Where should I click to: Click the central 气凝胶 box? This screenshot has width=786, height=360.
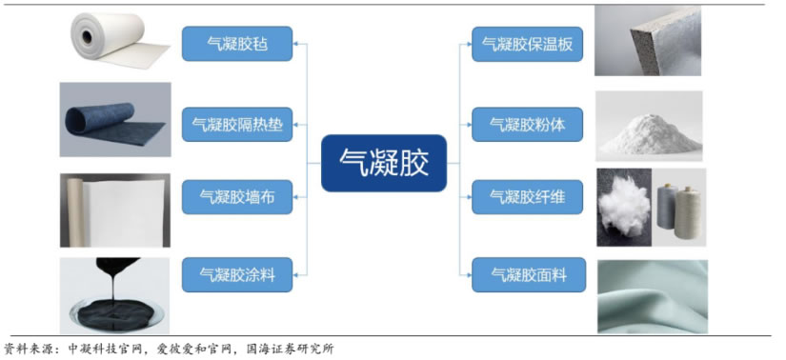click(384, 163)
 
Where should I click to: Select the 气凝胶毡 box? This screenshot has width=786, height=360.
click(237, 44)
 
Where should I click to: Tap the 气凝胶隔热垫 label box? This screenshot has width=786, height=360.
click(237, 124)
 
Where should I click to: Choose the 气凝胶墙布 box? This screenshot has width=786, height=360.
click(237, 197)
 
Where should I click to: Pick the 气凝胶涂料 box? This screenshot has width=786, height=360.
click(237, 275)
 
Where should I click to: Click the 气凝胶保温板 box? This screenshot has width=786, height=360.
click(528, 44)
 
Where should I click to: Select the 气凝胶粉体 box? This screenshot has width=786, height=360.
click(528, 125)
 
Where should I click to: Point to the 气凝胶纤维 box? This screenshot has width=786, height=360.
click(528, 197)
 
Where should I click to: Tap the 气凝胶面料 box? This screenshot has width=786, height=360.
click(529, 275)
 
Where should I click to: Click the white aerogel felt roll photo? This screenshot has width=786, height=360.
click(120, 39)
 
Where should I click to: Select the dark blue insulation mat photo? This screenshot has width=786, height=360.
click(115, 119)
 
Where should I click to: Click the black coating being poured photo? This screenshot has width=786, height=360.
click(114, 296)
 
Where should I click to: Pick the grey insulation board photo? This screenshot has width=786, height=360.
click(648, 41)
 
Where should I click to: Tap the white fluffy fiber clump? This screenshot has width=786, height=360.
click(625, 206)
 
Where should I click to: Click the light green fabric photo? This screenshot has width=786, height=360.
click(653, 296)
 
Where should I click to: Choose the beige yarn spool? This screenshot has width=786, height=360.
click(688, 213)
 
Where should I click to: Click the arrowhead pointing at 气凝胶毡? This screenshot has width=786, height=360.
click(295, 44)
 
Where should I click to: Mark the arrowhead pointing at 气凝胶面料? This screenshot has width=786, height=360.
click(469, 275)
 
